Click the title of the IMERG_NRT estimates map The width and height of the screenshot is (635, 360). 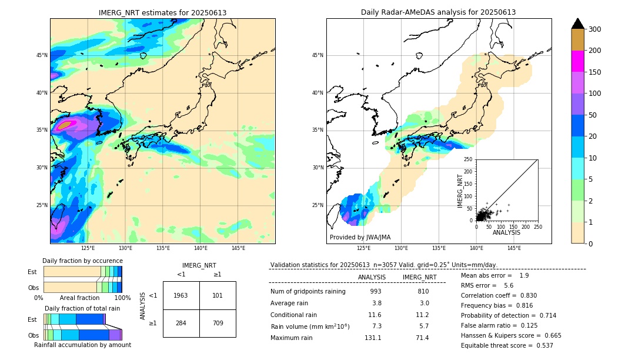[x=162, y=12]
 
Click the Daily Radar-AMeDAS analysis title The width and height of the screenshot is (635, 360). [x=438, y=12]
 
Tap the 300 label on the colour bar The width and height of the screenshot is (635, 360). [x=596, y=29]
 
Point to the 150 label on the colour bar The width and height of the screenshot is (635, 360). [x=596, y=72]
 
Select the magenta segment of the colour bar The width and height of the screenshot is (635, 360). [x=578, y=61]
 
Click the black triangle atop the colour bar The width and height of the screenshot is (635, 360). [x=578, y=24]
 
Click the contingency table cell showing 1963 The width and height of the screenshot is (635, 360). [x=181, y=295]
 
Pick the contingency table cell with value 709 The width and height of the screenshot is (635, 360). [x=218, y=323]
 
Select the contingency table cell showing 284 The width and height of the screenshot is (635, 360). [x=181, y=323]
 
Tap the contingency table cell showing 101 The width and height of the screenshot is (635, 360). [x=218, y=295]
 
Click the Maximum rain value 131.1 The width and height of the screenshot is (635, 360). [x=373, y=338]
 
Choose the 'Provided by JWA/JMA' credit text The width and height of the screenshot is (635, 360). [x=360, y=238]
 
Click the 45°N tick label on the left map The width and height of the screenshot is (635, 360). [x=42, y=55]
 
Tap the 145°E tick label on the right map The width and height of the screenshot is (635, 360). [x=514, y=248]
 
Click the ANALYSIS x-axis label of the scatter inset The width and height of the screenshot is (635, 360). [x=506, y=232]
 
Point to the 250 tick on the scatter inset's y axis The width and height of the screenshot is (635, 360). [x=468, y=159]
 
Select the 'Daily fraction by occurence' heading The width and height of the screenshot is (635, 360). [x=82, y=261]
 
